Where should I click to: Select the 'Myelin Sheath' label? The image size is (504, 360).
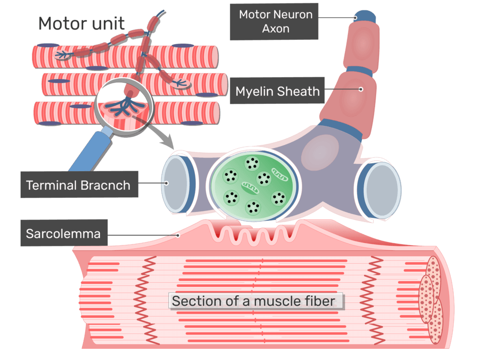point(278,91)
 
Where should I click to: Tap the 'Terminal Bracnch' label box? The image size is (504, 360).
point(78,185)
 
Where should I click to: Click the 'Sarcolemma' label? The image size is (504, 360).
point(63,233)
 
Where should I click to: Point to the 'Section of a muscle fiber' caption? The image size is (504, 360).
point(253,301)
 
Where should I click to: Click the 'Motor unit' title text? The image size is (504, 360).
point(82,23)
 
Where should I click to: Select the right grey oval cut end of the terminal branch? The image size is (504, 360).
point(381,189)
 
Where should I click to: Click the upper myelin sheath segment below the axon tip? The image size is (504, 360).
point(363,45)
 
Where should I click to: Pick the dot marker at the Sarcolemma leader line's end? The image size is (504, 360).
point(179,236)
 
